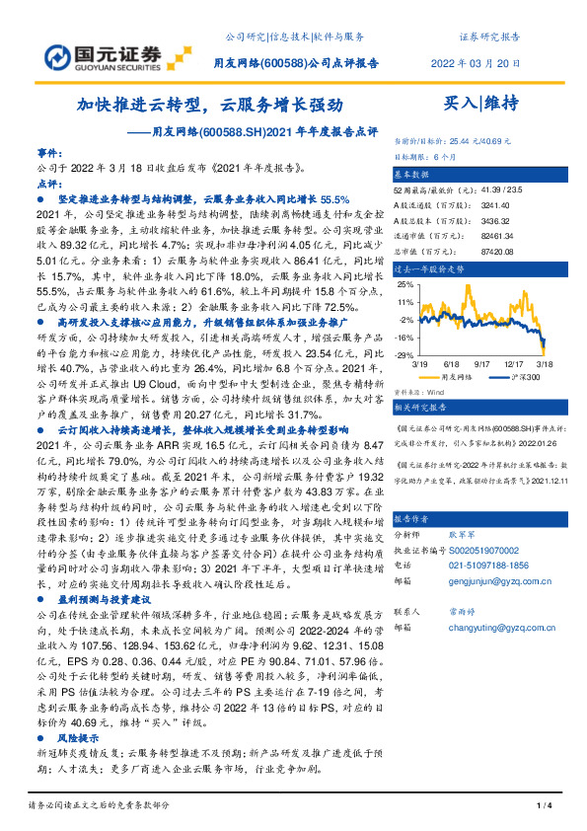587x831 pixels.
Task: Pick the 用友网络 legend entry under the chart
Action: click(x=453, y=376)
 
